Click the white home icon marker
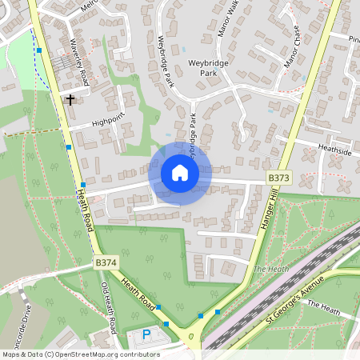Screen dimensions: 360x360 (x=179, y=173)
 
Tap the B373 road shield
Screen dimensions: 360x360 (x=278, y=178)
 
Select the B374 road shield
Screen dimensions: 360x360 (x=106, y=262)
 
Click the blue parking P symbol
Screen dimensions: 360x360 (x=146, y=334)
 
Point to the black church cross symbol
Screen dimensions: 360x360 (x=70, y=100)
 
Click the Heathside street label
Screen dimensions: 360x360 (x=334, y=150)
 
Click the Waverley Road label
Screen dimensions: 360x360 (x=78, y=62)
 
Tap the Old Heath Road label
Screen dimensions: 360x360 (x=108, y=308)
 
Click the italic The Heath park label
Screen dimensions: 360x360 (x=270, y=270)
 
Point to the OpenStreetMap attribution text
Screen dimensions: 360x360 (x=80, y=354)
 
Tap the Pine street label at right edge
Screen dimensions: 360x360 (x=354, y=38)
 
